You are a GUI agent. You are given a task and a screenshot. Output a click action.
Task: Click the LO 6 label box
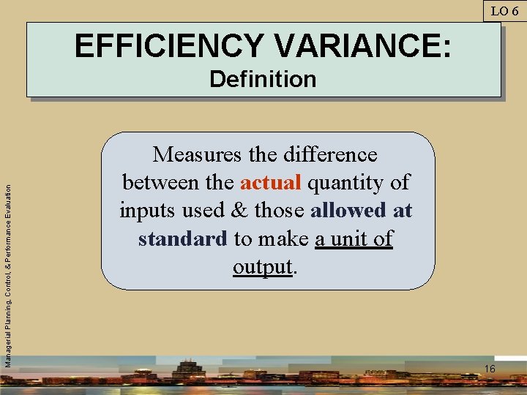[504, 10]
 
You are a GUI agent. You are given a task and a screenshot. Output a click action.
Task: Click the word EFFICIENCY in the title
[169, 47]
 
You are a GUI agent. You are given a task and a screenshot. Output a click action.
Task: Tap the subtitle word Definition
[263, 79]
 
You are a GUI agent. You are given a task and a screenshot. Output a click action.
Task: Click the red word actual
[270, 182]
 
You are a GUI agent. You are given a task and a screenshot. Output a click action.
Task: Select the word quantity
[347, 183]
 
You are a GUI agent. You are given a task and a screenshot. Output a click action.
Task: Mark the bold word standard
[182, 239]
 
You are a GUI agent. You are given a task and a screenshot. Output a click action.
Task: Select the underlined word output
[263, 267]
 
